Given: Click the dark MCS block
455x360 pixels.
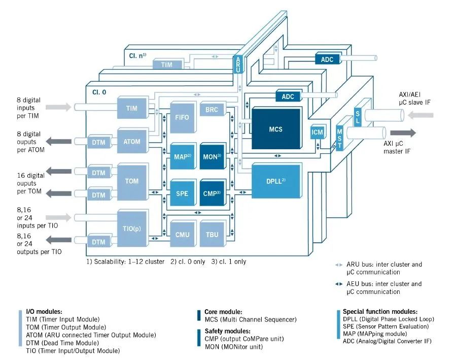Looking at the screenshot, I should coord(275,129).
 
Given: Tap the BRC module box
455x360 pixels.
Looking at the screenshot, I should coord(212,109).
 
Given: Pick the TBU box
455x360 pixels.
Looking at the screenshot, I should coord(212,235).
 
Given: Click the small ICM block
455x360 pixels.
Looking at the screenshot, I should coord(317,133).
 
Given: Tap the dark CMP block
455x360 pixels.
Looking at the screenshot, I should coord(212,193).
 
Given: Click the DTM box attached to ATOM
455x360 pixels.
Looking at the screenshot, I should coord(99,143).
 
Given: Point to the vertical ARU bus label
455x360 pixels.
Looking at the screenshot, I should coord(238,66).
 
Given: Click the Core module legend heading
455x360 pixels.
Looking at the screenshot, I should coord(223,312).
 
